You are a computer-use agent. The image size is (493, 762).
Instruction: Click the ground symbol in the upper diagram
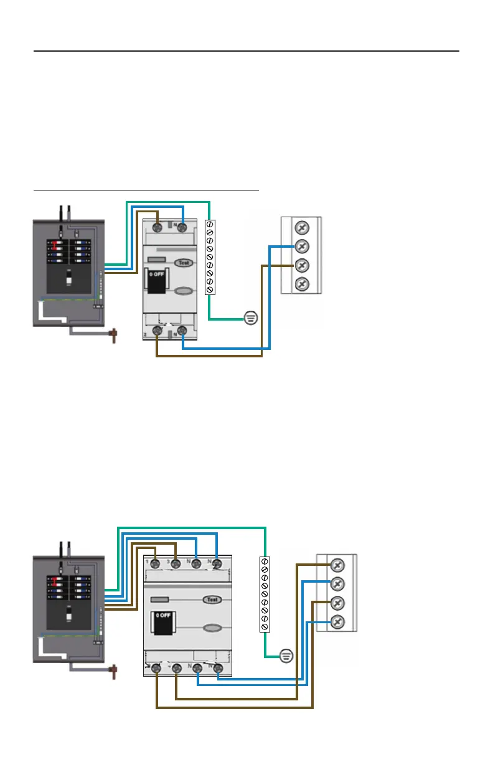pos(250,317)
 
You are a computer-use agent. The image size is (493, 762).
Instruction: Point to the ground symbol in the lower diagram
pos(286,656)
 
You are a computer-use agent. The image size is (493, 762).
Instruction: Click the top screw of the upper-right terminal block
pos(301,227)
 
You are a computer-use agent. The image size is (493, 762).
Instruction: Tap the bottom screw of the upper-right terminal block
pos(301,285)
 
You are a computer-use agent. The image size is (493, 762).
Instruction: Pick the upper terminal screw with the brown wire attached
pos(301,266)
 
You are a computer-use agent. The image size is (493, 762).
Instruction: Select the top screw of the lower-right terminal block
pos(337,565)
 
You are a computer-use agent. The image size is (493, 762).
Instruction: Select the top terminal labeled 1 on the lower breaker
pos(156,565)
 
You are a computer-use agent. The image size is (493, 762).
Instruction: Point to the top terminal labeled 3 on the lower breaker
pos(177,565)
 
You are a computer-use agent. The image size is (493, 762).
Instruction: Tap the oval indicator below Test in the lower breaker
pos(212,628)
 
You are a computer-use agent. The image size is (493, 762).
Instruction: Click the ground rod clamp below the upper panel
pos(114,337)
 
